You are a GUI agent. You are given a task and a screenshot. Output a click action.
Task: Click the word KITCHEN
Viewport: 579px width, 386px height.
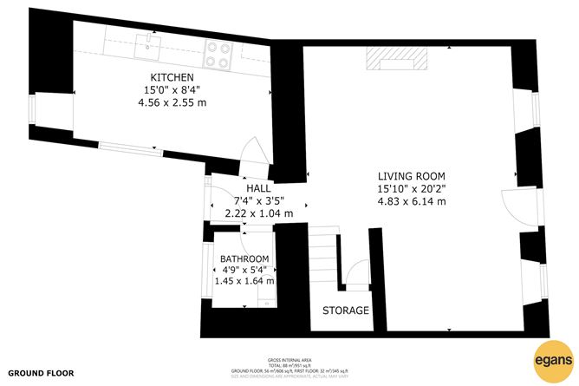coord(168,77)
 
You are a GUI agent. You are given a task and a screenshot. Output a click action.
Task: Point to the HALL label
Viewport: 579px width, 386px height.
coord(258,187)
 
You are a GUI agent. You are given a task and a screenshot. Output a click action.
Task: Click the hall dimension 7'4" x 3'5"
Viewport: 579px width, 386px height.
coord(258,200)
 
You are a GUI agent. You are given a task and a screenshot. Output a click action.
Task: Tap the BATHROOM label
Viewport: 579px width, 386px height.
coord(244,259)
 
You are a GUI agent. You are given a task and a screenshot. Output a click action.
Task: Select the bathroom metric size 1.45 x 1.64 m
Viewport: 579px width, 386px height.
coord(244,281)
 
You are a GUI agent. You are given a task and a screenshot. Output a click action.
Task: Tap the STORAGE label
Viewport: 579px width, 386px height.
coord(346,311)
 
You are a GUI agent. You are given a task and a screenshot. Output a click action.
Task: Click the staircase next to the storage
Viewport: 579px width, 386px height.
coord(325,260)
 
